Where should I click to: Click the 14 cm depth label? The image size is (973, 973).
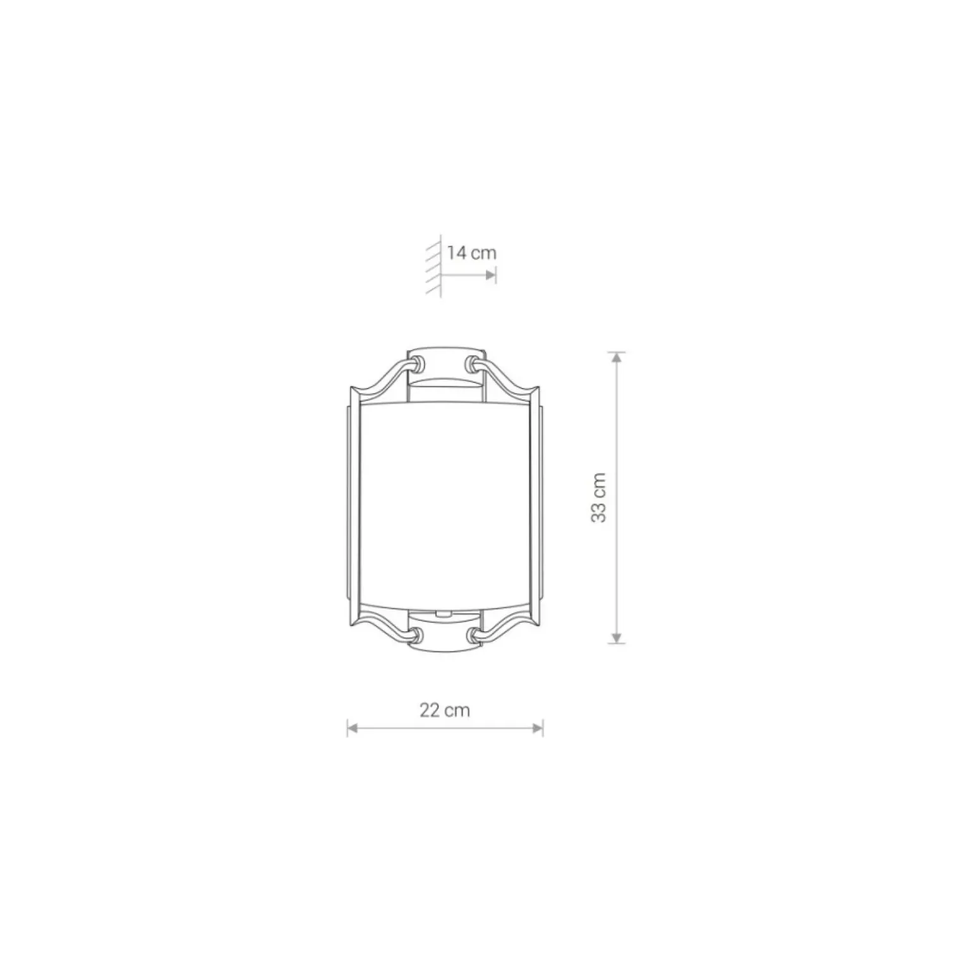[471, 253]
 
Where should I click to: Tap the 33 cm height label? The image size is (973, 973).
[599, 497]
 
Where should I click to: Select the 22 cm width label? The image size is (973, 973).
[445, 710]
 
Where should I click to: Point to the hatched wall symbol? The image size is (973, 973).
[434, 268]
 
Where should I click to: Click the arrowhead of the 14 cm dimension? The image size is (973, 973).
[491, 275]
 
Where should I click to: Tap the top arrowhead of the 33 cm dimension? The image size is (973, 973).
[617, 358]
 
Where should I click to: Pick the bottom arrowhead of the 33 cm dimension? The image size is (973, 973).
[617, 638]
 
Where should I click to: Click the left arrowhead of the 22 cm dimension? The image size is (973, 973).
[353, 728]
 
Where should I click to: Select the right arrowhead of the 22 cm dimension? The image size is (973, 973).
[538, 728]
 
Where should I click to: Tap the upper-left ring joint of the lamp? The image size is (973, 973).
[416, 363]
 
